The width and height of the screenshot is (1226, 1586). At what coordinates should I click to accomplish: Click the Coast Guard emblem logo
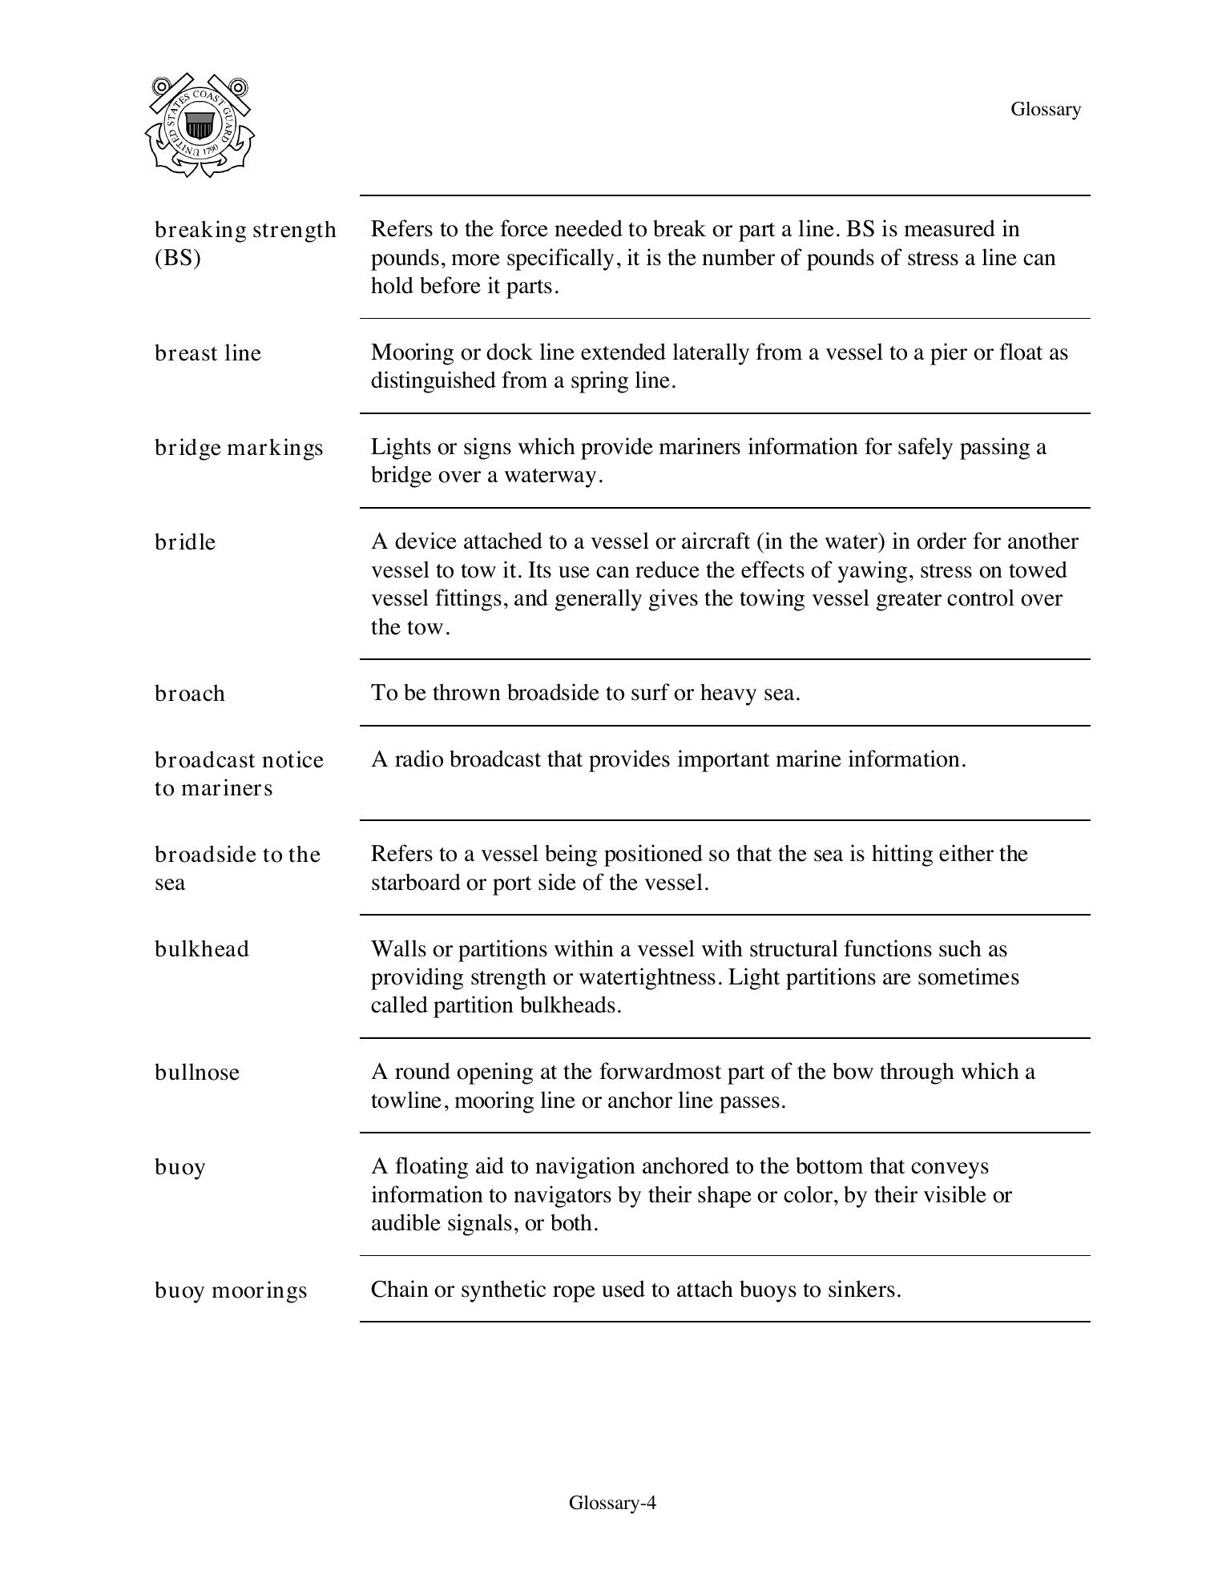tap(200, 125)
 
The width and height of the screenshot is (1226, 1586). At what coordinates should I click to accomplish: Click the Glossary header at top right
tap(1045, 109)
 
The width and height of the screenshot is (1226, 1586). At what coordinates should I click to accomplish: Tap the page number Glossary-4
tap(612, 1503)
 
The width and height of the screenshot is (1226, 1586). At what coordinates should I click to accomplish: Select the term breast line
tap(208, 353)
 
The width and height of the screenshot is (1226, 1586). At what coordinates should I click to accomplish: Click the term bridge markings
tap(239, 448)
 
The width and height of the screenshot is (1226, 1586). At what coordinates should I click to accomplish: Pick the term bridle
tap(185, 542)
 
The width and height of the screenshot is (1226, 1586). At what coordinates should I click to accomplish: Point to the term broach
tap(190, 694)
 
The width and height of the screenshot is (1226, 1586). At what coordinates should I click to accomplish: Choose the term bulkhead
tap(202, 949)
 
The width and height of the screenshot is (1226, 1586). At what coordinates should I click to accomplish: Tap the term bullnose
tap(197, 1073)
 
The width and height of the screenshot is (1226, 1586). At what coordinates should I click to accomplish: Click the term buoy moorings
tap(231, 1290)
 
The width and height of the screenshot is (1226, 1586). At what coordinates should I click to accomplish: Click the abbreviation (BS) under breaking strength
tap(177, 258)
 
